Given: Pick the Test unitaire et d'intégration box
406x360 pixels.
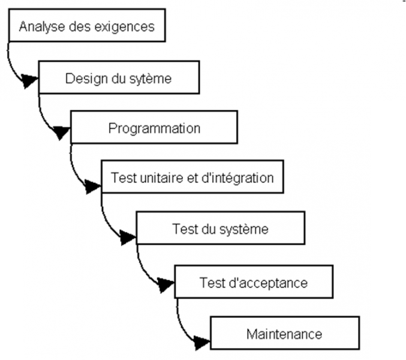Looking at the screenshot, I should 192,178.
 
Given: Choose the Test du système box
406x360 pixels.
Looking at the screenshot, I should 220,229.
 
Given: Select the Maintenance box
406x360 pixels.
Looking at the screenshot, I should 284,333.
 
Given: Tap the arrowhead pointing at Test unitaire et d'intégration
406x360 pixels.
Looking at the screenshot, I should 93,187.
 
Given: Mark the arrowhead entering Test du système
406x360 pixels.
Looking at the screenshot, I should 128,238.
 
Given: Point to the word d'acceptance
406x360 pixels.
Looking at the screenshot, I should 264,281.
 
